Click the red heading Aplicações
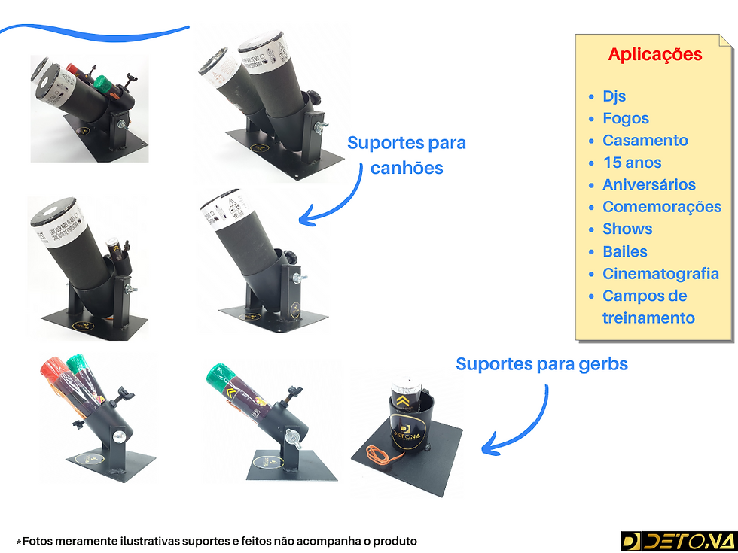click(654, 55)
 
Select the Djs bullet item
click(614, 96)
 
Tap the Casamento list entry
click(645, 141)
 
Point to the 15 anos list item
click(632, 163)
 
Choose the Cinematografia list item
click(660, 274)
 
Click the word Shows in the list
click(627, 229)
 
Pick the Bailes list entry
click(624, 251)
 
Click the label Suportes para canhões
click(407, 155)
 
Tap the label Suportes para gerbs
click(541, 364)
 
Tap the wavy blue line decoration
click(94, 32)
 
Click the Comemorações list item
click(661, 207)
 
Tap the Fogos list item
click(625, 119)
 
